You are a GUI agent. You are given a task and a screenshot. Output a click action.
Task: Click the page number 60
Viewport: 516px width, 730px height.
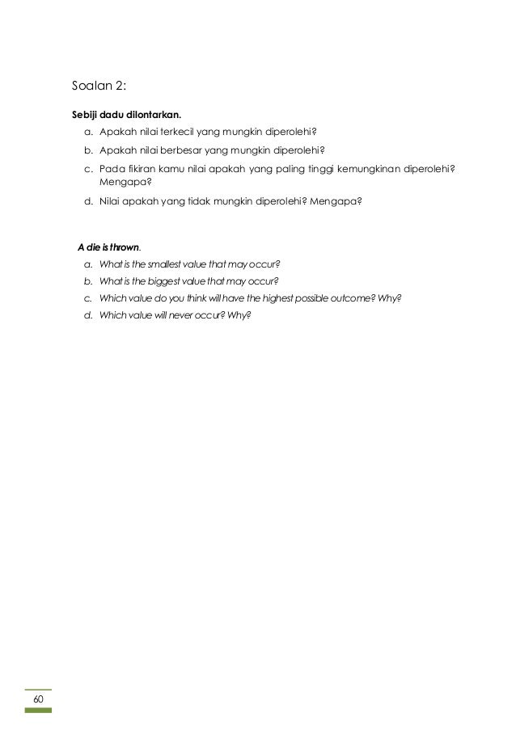(37, 698)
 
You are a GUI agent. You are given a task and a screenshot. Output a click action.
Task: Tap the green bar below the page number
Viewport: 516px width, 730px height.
(37, 710)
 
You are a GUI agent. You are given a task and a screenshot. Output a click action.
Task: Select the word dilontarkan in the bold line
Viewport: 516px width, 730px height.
(154, 113)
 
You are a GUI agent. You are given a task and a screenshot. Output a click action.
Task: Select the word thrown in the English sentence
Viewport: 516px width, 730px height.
(123, 247)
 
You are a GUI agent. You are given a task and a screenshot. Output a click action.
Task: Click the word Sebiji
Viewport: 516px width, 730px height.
(88, 113)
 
